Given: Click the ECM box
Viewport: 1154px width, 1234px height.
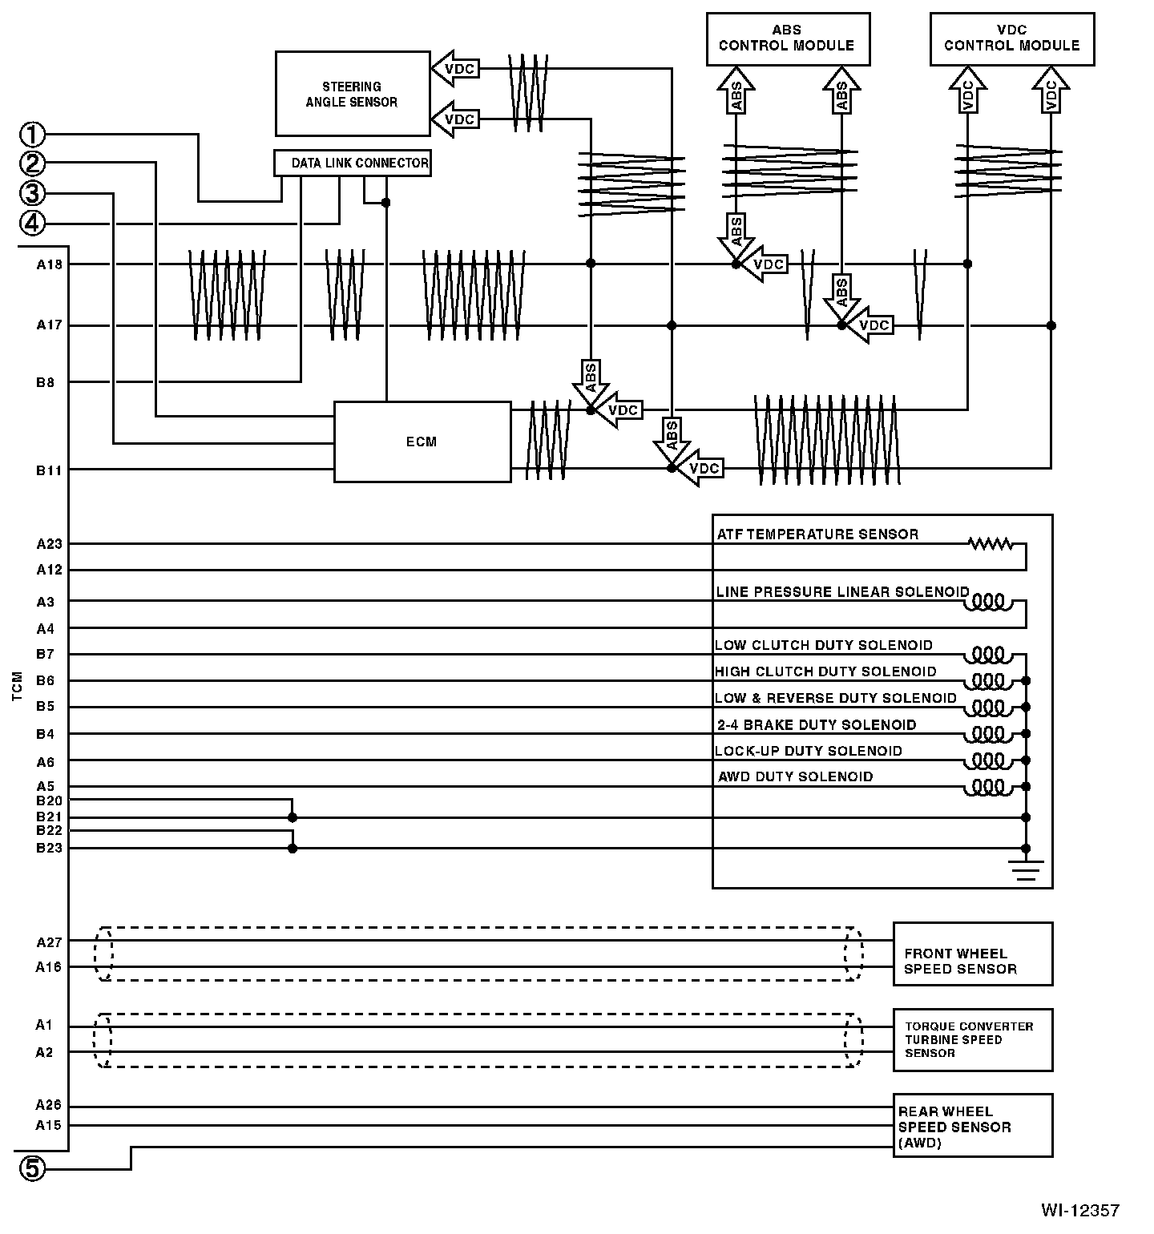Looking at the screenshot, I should (x=422, y=442).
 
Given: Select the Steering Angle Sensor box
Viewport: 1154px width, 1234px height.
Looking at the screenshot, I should (x=352, y=94).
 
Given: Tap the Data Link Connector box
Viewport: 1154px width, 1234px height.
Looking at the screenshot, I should (x=353, y=163).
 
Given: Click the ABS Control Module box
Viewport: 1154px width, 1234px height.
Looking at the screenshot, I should (x=787, y=38).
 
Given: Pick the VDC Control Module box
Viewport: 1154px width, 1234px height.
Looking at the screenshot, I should (x=1011, y=38).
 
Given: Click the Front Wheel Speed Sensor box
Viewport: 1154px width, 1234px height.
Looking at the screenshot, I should (x=972, y=954).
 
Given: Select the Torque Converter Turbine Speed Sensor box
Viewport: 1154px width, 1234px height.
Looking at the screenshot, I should (x=972, y=1039).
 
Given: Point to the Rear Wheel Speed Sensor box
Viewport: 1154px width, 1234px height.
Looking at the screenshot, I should (x=972, y=1126).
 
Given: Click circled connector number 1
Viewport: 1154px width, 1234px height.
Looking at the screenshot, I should (x=33, y=134).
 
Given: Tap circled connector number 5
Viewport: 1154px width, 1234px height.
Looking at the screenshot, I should (x=33, y=1169).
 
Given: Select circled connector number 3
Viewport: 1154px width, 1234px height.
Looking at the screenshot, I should (x=33, y=193).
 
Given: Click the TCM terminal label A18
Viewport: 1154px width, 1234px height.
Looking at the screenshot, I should (x=49, y=264).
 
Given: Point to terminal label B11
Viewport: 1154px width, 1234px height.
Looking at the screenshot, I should (x=49, y=470).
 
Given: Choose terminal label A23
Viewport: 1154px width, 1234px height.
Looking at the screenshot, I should (x=49, y=544).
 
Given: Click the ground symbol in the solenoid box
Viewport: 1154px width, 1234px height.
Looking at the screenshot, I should (x=1026, y=868).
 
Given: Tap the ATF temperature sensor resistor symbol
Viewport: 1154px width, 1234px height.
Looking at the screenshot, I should (x=991, y=544).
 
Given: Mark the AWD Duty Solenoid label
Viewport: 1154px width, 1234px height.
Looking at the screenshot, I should (x=795, y=776).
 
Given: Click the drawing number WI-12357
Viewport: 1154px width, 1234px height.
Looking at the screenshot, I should (x=1079, y=1210).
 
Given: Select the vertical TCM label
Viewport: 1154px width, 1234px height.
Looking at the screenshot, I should (x=18, y=688).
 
